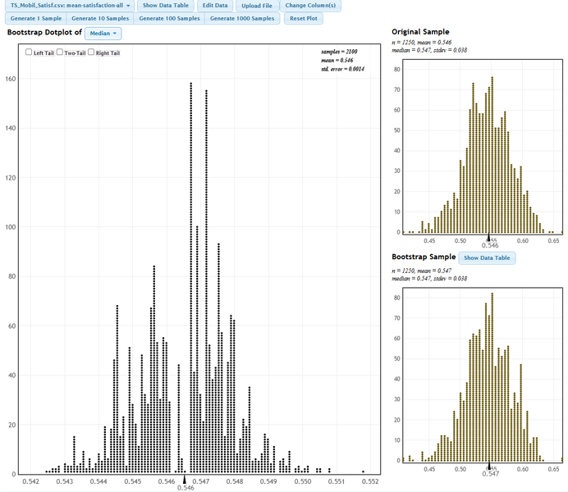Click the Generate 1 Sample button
[x=34, y=18]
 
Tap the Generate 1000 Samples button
[x=242, y=18]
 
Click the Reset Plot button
[x=303, y=18]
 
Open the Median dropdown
[x=103, y=34]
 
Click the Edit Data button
[x=215, y=6]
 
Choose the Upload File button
[x=257, y=6]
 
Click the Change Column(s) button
[x=310, y=6]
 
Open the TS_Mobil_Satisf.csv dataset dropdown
[x=70, y=6]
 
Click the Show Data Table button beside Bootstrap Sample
[x=487, y=257]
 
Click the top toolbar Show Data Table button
[x=166, y=6]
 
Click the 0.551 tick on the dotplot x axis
[x=336, y=481]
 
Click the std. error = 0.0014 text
[x=342, y=69]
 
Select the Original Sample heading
[x=422, y=32]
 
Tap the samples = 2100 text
[x=342, y=51]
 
